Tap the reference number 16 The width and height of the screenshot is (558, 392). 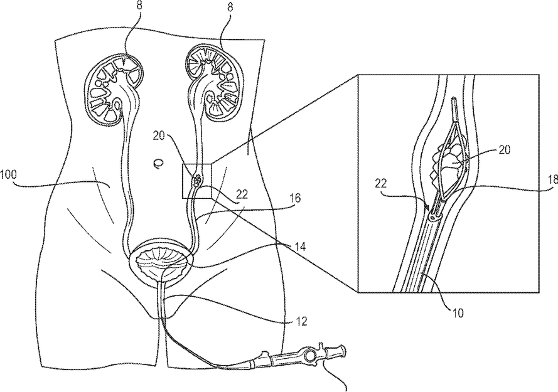point(294,198)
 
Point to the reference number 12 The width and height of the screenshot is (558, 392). point(301,321)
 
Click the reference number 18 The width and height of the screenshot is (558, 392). point(552,179)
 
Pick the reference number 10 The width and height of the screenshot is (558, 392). point(458,314)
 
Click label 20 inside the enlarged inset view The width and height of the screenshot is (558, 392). point(503,150)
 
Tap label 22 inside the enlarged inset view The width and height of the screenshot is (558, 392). point(380,184)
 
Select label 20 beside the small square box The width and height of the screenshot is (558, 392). point(159,136)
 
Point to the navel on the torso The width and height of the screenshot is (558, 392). point(158,163)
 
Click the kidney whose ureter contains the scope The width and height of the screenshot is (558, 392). point(212,82)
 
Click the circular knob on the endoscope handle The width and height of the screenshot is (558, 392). point(311,355)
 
